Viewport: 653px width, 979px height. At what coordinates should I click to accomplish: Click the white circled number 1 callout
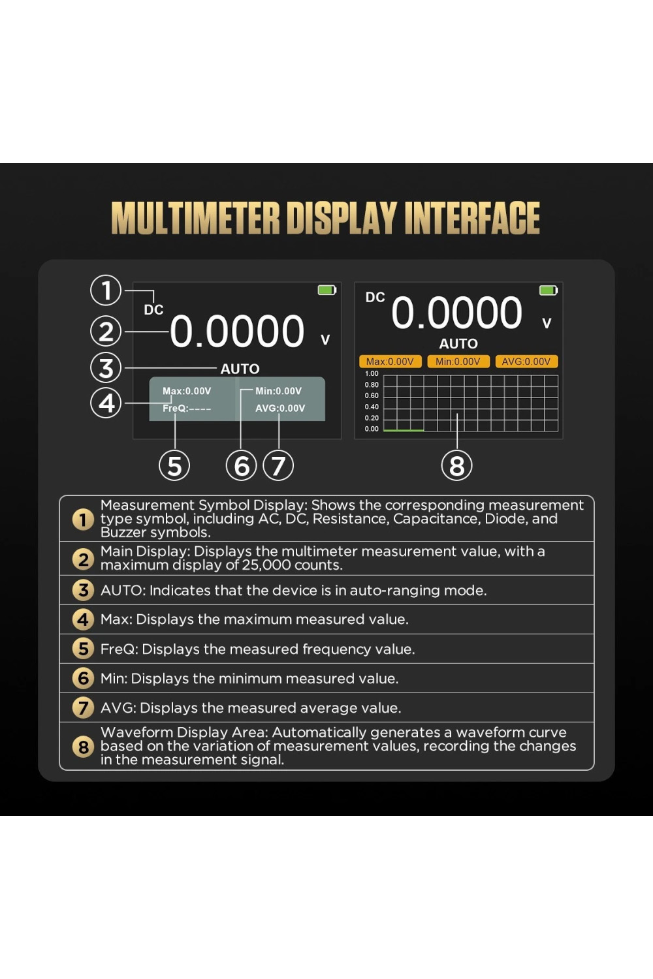coord(106,290)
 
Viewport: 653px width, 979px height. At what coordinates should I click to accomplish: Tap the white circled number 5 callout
coord(174,465)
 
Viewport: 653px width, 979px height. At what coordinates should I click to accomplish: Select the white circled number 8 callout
coord(456,465)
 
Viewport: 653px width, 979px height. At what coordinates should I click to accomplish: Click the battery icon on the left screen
coord(326,290)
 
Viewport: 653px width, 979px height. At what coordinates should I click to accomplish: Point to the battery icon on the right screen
coord(549,290)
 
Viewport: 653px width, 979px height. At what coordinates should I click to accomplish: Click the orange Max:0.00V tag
coord(390,362)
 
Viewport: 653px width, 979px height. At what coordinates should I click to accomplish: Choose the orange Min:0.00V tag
coord(458,362)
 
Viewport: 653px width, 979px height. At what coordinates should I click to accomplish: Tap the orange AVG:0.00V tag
coord(526,362)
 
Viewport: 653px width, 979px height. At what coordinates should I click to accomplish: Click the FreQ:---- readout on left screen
coord(187,408)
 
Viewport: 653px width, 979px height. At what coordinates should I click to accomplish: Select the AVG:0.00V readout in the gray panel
coord(280,408)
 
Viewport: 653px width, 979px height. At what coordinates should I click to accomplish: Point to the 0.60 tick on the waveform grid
coord(372,396)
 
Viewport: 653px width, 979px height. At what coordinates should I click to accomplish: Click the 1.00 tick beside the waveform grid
coord(372,373)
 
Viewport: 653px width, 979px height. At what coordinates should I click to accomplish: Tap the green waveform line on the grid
coord(404,431)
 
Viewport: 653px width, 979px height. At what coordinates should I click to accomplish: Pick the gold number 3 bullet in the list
coord(83,590)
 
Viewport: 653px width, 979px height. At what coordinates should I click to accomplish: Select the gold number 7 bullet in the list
coord(83,707)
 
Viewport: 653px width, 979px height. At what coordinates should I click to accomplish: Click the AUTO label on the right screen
coord(458,344)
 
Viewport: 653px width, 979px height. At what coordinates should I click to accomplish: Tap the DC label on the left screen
coord(153,310)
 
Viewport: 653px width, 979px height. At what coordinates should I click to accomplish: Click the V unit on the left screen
coord(325,339)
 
